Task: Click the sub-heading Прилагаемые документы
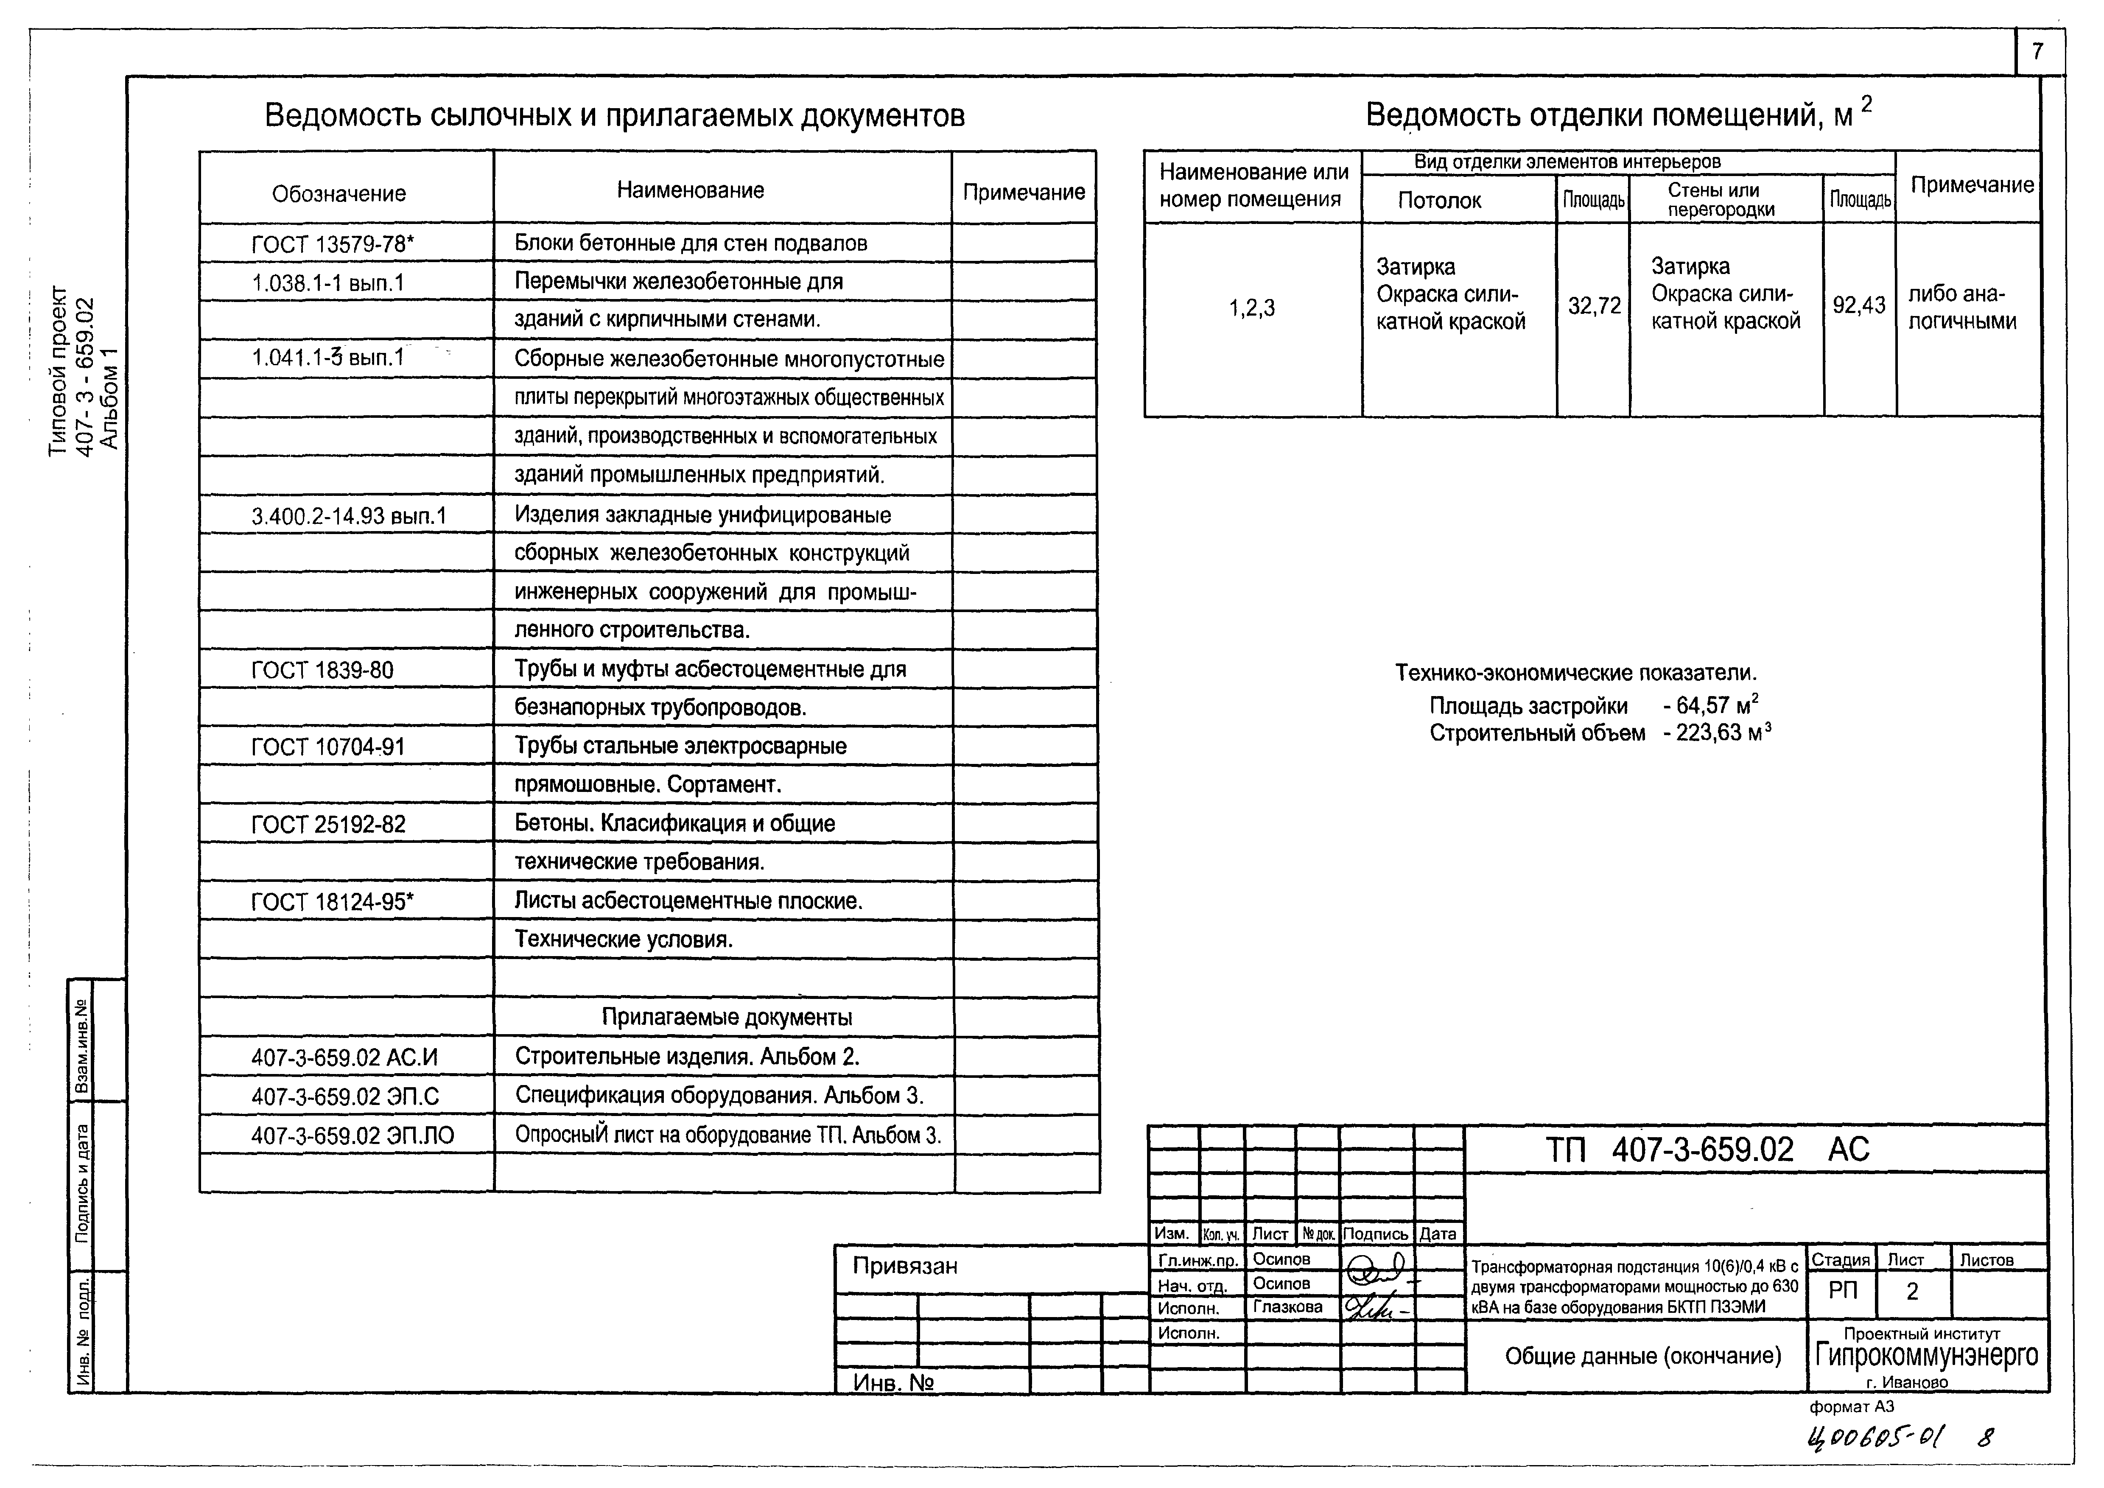pos(727,1017)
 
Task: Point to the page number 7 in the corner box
pos(2038,52)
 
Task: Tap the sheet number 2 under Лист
pos(1913,1292)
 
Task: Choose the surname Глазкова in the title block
pos(1287,1307)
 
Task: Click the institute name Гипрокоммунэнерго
pos(1927,1355)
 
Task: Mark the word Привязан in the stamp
pos(905,1266)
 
